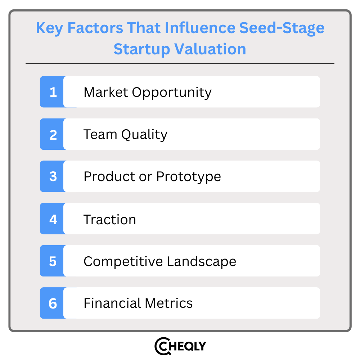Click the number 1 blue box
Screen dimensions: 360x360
[x=53, y=92]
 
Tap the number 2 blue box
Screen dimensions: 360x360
[x=53, y=134]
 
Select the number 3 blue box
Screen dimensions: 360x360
[x=53, y=176]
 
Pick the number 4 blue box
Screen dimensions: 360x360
[x=53, y=219]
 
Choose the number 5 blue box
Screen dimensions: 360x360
[x=53, y=261]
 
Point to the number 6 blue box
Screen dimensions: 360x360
[x=53, y=303]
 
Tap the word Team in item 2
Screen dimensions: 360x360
[x=100, y=134]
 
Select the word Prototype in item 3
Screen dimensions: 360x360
[x=188, y=177]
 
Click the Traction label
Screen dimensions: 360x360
[x=110, y=219]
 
